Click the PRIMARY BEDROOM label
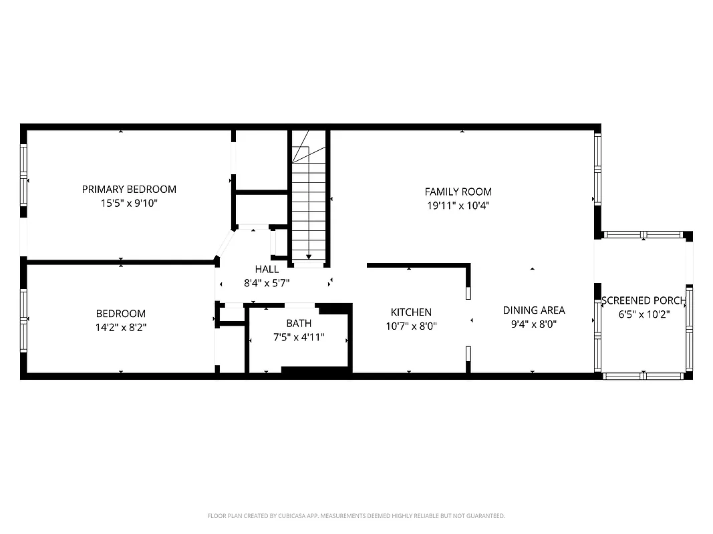[x=129, y=189]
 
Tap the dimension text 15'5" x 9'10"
[x=129, y=203]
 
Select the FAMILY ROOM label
[x=458, y=192]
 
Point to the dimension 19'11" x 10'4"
[x=458, y=206]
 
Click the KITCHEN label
[x=411, y=312]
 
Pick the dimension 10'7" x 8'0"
[x=411, y=326]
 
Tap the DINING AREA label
[x=534, y=310]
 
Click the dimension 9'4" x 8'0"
[x=534, y=324]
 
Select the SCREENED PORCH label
[x=644, y=300]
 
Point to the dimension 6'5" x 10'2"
[x=644, y=314]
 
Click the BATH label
[x=299, y=324]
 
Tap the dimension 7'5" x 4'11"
[x=299, y=337]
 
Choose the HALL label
[x=267, y=269]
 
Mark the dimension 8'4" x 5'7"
[x=267, y=283]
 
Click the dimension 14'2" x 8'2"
[x=121, y=327]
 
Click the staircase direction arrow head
[x=309, y=256]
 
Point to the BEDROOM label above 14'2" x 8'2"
[x=121, y=314]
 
